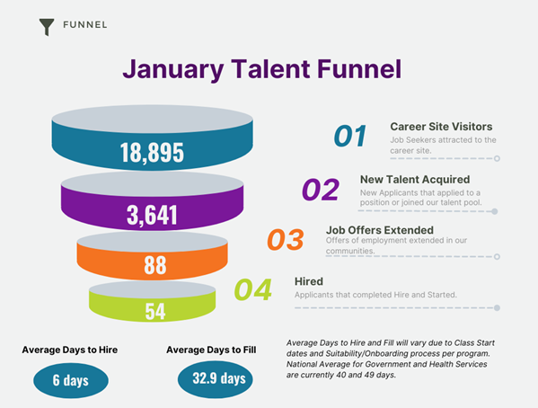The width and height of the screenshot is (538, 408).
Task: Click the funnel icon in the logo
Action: pos(47,26)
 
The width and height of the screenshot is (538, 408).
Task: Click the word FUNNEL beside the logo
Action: pos(85,25)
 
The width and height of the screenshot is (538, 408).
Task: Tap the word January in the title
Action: pos(173,69)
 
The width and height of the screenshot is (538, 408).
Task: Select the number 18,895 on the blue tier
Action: pos(152,152)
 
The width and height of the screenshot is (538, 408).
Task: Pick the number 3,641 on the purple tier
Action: pos(152,215)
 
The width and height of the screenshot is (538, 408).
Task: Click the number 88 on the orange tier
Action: pos(155,265)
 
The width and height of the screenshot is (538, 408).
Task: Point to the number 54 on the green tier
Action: pos(155,311)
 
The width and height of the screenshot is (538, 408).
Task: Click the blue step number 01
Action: pos(350,136)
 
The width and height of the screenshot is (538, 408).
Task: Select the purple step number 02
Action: pos(321,190)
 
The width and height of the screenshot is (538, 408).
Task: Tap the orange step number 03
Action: pos(286,239)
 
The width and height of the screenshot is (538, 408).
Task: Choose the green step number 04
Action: pos(253,289)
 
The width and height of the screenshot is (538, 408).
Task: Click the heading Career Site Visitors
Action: pos(441,127)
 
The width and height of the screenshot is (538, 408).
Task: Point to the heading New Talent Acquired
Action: pos(415,179)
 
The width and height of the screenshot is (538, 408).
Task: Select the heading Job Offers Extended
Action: pos(380,230)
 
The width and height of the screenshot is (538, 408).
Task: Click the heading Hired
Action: pos(309,281)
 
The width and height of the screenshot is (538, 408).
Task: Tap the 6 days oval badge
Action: pos(71,380)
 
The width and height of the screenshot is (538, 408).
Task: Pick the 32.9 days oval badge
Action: pos(216,379)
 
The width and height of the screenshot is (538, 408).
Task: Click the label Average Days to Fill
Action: pos(211,350)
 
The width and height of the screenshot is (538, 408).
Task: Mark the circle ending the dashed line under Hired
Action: pos(497,307)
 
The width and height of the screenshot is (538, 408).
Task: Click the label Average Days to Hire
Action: pos(70,350)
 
